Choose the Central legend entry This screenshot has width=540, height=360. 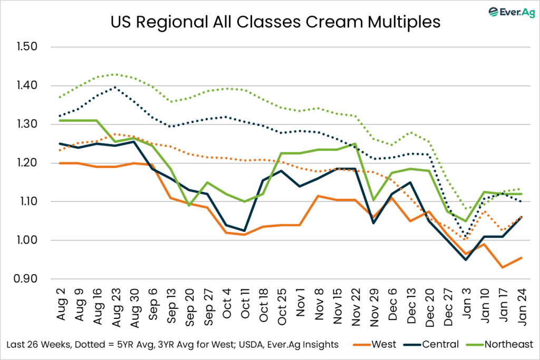[x=442, y=344]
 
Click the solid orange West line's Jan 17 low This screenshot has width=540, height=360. [x=503, y=267]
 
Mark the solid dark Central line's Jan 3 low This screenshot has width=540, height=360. [x=466, y=259]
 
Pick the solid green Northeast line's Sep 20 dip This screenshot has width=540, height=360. [x=190, y=205]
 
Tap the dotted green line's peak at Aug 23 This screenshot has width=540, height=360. [x=116, y=74]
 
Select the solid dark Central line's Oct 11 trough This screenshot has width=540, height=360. [x=245, y=230]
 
